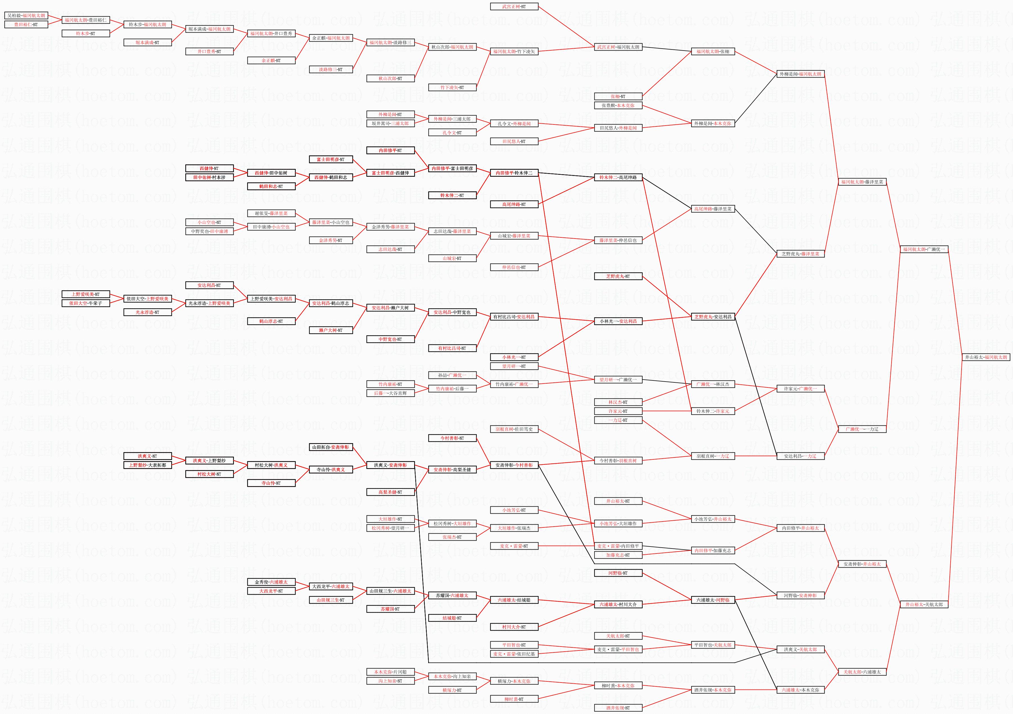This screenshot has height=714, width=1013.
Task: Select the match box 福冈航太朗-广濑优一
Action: pos(924,249)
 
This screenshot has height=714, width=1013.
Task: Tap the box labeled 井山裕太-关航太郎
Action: pos(924,604)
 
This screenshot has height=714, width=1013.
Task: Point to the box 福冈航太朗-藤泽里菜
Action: pos(862,182)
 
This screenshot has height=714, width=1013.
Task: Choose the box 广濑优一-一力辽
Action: pos(862,429)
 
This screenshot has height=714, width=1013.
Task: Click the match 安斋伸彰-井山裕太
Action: pos(862,564)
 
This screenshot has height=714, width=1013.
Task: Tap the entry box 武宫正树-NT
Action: pos(514,7)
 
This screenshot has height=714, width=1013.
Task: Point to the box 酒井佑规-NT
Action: pos(618,708)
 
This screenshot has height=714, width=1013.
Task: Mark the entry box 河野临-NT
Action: pos(618,573)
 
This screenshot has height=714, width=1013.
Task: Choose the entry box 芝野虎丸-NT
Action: pos(618,276)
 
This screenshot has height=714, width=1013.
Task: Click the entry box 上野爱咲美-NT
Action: pos(85,294)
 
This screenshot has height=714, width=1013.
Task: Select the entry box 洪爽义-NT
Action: pos(147,456)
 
